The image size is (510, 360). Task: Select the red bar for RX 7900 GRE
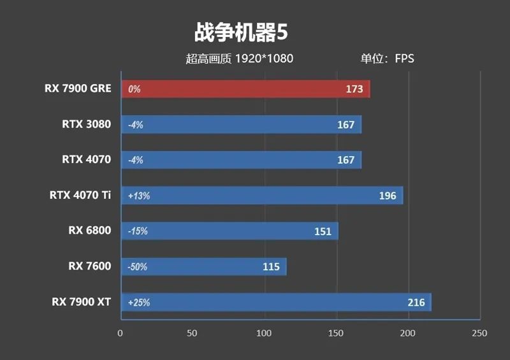click(245, 89)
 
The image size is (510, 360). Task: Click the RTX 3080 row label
click(86, 124)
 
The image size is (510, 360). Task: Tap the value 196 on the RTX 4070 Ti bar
click(387, 196)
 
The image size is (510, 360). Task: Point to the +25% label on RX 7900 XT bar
click(139, 303)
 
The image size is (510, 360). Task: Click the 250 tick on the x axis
click(479, 333)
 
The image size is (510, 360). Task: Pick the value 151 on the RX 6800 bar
click(323, 231)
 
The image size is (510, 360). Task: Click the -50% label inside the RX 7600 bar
click(138, 267)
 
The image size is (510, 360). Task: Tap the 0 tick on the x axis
click(120, 333)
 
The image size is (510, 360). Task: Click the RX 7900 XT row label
click(82, 301)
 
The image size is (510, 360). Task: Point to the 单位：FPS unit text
click(387, 59)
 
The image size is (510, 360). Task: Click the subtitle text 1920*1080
click(264, 59)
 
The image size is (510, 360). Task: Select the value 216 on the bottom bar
click(416, 303)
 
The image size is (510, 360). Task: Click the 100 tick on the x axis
click(264, 333)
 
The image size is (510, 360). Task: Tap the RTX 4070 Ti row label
click(80, 195)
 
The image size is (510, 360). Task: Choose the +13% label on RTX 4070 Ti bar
click(139, 196)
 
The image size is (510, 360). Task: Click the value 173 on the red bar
click(354, 89)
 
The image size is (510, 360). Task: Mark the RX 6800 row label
click(89, 231)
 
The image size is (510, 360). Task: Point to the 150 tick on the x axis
click(336, 333)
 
